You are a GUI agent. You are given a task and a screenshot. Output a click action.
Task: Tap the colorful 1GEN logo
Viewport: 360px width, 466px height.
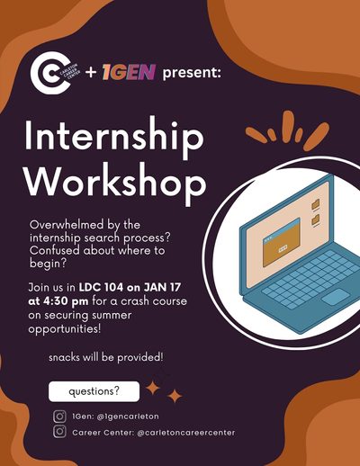tap(129, 72)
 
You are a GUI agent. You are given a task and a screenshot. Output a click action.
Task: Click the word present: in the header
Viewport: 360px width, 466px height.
tap(192, 73)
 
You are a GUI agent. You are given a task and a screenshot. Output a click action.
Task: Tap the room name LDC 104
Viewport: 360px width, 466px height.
tap(101, 287)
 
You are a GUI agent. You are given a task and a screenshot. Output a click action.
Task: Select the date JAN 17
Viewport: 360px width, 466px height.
tap(162, 287)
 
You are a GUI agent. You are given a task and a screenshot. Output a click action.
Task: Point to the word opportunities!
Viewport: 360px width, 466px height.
tap(65, 329)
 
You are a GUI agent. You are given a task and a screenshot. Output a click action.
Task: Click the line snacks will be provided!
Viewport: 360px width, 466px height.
tap(106, 357)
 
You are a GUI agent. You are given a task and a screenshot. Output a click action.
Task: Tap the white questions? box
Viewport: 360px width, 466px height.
tap(94, 391)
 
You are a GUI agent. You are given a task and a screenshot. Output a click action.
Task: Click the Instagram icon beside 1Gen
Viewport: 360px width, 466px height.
tap(59, 417)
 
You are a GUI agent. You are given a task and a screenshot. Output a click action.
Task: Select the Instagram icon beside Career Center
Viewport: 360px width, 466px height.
tap(59, 432)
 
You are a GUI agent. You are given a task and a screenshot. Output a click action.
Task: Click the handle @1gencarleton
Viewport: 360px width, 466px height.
tap(128, 417)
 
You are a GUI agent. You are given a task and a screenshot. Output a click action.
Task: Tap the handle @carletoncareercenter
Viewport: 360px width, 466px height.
tap(185, 433)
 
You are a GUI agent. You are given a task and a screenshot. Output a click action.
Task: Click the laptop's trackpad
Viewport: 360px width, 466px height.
tap(336, 297)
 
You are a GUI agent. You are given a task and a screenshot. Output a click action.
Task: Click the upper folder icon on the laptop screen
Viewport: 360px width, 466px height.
tap(316, 204)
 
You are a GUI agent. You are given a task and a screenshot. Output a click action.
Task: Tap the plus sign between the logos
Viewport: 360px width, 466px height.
tap(90, 73)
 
